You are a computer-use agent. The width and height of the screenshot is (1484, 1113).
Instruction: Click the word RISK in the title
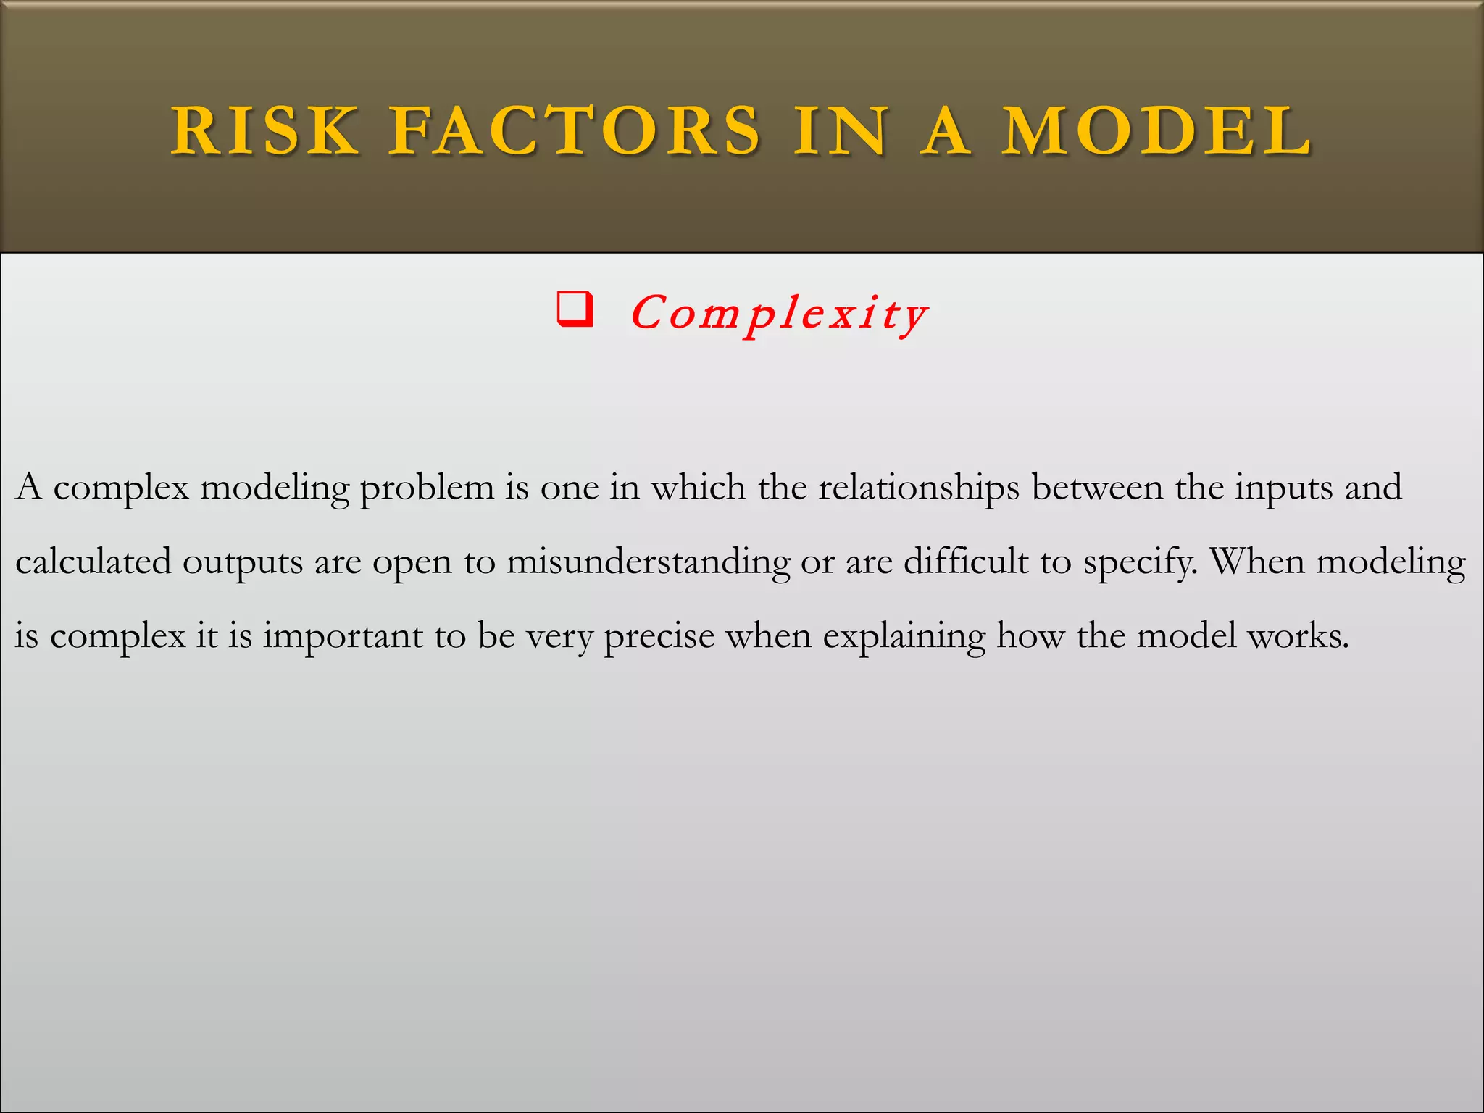(265, 131)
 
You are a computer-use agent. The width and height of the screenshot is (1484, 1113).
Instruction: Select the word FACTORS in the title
(575, 131)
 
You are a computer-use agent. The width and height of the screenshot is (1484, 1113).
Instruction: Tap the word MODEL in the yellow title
(1157, 131)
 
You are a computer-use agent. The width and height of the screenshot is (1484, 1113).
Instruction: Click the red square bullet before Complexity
(575, 310)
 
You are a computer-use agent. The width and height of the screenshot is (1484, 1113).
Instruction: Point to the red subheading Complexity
(779, 314)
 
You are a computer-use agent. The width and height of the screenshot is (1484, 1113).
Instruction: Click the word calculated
(93, 562)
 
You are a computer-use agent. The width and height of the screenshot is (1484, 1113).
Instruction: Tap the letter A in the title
(946, 131)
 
